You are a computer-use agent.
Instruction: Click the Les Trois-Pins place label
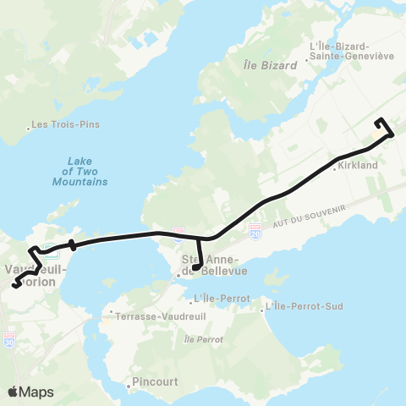click(x=67, y=125)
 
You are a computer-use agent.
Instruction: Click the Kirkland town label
click(x=356, y=167)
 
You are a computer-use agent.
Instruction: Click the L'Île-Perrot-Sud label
click(x=305, y=305)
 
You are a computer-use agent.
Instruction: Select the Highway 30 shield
click(x=9, y=342)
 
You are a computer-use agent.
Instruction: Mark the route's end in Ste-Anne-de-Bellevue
click(x=195, y=268)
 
